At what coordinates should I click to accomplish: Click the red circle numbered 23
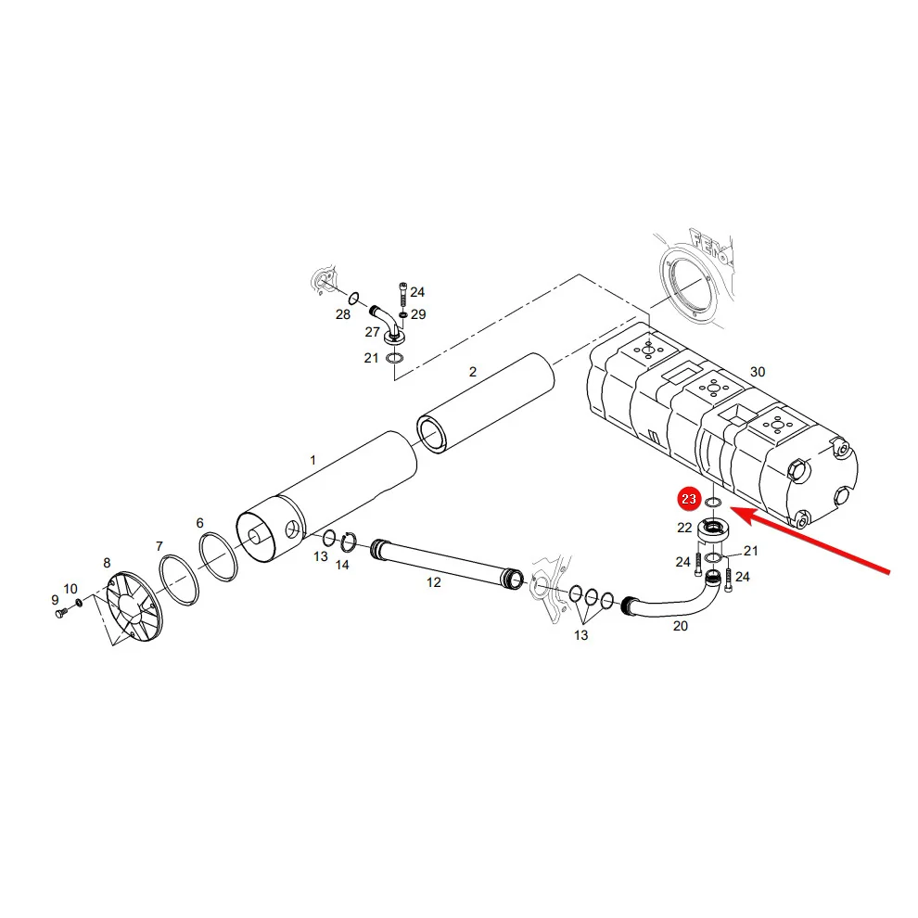coord(688,499)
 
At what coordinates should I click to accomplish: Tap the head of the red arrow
coord(732,509)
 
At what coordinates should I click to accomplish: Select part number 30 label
coord(758,372)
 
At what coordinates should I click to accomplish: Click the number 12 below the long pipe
coord(433,582)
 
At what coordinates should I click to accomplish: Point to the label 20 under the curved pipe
coord(681,626)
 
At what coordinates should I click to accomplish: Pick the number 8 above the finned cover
coord(107,563)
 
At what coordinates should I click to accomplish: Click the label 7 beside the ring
coord(159,546)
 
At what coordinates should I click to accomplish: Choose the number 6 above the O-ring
coord(199,523)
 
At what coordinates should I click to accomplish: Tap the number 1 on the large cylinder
coord(312,460)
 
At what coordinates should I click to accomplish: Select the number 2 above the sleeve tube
coord(473,372)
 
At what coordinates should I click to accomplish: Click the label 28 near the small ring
coord(343,314)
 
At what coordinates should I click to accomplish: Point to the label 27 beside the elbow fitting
coord(373,332)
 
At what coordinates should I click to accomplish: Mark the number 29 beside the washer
coord(418,314)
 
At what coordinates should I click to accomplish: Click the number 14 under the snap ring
coord(342,565)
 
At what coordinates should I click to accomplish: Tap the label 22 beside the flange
coord(684,528)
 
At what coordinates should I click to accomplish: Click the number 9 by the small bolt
coord(55,600)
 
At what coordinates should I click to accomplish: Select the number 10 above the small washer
coord(70,589)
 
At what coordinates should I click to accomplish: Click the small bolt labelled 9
coord(61,613)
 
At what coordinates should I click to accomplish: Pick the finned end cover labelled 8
coord(134,606)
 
